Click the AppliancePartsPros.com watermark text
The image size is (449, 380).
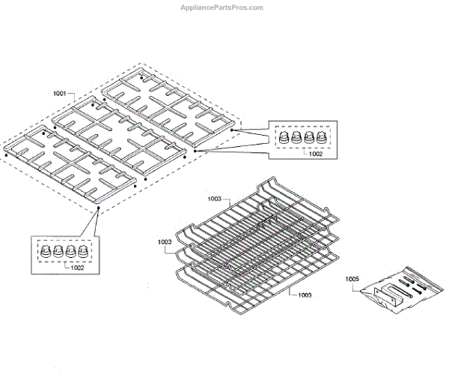[x=222, y=7]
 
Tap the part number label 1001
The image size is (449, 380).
[x=61, y=94]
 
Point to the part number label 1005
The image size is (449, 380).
[x=352, y=279]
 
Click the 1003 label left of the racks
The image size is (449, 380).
[x=165, y=242]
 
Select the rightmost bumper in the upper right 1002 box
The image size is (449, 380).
[x=323, y=139]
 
